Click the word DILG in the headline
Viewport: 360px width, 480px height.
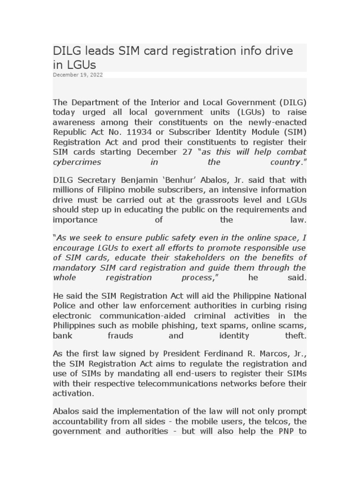click(x=66, y=51)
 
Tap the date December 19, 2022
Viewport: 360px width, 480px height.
click(x=78, y=75)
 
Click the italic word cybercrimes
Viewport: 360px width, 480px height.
click(x=77, y=162)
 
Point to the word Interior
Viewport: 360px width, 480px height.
click(x=167, y=102)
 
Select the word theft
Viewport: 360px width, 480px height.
click(x=295, y=336)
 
